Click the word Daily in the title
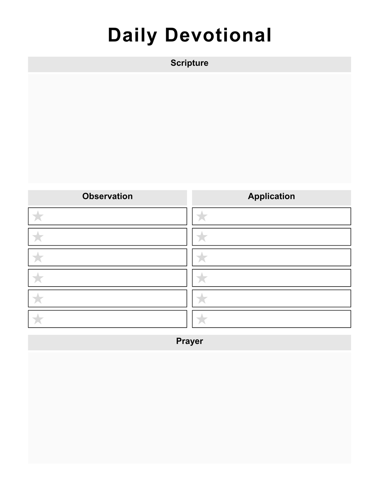[133, 36]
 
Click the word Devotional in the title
[218, 36]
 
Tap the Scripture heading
[189, 63]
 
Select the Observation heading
[107, 196]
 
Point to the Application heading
[271, 196]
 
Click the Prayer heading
[189, 341]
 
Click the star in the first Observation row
[38, 216]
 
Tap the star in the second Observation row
[38, 237]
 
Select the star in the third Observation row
[38, 257]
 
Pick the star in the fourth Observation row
[38, 278]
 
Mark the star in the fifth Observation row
[38, 298]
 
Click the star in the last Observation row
[38, 319]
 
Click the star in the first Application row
[202, 216]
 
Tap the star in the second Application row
[202, 237]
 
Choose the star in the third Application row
[202, 257]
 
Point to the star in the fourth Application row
[202, 278]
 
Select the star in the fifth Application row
[202, 298]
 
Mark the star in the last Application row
[202, 319]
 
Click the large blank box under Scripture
[189, 128]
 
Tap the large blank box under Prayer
[189, 407]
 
